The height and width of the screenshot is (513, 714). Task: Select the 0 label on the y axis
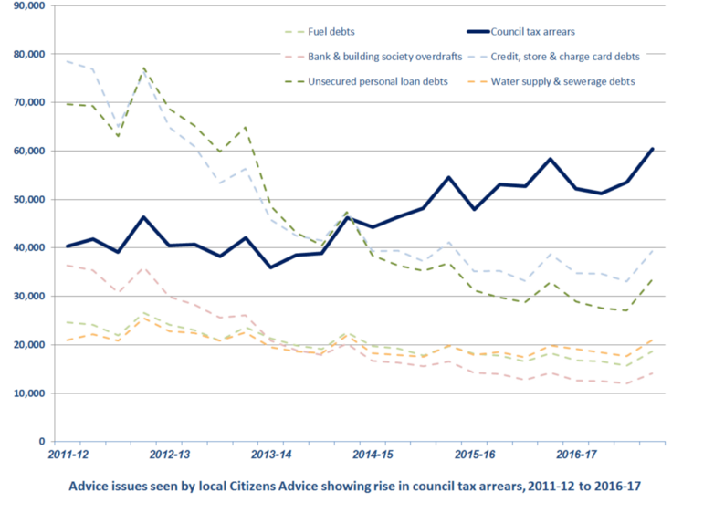tap(40, 442)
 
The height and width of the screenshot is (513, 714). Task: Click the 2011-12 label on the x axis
tap(68, 453)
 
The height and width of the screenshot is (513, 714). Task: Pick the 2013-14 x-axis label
tap(270, 453)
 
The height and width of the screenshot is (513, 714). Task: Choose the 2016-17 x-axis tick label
tap(575, 453)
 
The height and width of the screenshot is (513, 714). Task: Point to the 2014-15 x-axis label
tap(372, 453)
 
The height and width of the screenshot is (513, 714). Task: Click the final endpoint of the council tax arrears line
tap(652, 148)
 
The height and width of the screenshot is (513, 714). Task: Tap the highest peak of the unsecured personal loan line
tap(143, 68)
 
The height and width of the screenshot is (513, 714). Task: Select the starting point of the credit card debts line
tap(68, 61)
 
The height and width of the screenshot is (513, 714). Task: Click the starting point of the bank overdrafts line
tap(68, 265)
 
